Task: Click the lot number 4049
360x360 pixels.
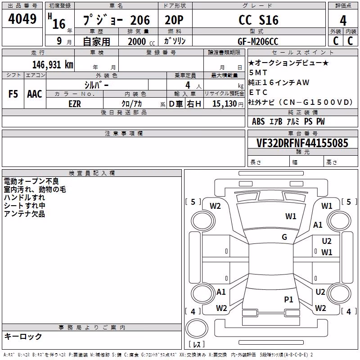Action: (x=22, y=19)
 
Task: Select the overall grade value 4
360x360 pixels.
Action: (x=343, y=20)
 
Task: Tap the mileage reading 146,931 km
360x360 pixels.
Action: (x=53, y=65)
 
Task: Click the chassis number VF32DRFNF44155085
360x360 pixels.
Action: (x=302, y=143)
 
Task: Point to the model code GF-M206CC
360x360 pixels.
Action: (x=258, y=41)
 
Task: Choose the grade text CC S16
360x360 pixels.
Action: (x=258, y=20)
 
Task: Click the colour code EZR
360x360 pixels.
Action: (x=75, y=104)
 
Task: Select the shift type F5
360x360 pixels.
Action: (x=13, y=94)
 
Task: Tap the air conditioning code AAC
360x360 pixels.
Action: (x=35, y=94)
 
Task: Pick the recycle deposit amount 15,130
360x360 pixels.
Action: (x=225, y=103)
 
